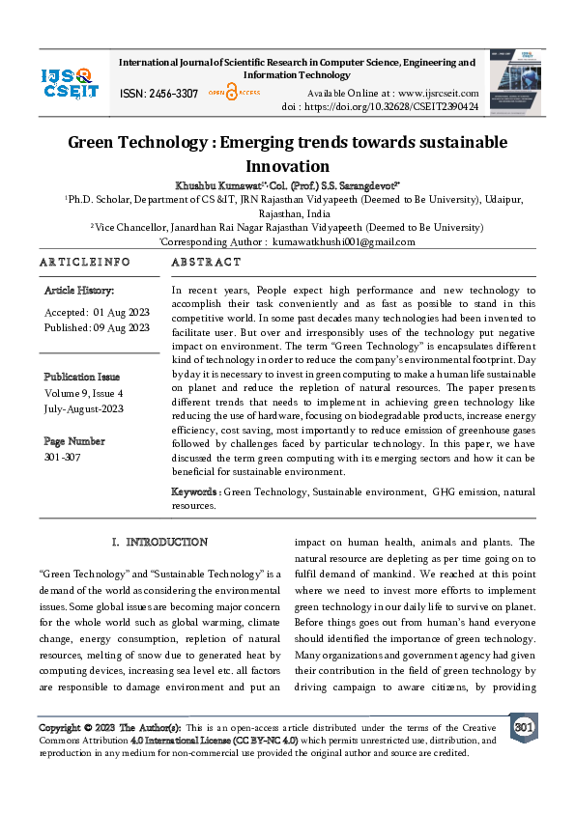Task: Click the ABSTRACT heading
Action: pos(206,262)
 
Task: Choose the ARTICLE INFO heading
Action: pos(84,262)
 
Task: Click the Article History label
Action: pos(79,290)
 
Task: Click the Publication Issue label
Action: pos(82,377)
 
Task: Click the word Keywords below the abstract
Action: pos(195,492)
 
